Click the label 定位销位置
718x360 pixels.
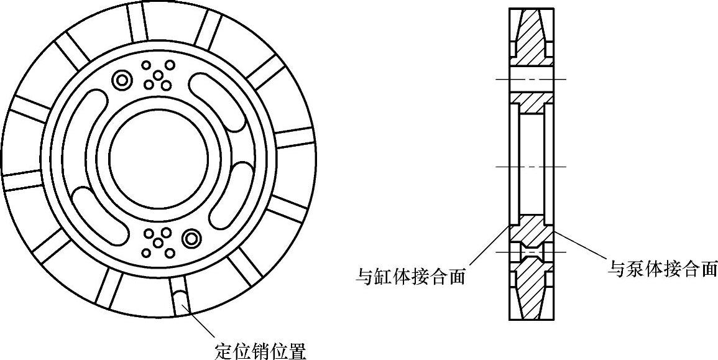tap(260, 351)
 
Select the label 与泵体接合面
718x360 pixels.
tap(662, 269)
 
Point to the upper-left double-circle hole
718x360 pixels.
tap(122, 79)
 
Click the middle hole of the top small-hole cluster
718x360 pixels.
tap(159, 75)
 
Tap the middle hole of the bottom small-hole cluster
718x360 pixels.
tap(157, 242)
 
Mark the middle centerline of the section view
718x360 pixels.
tap(532, 167)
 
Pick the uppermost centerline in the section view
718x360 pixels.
tap(532, 80)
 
